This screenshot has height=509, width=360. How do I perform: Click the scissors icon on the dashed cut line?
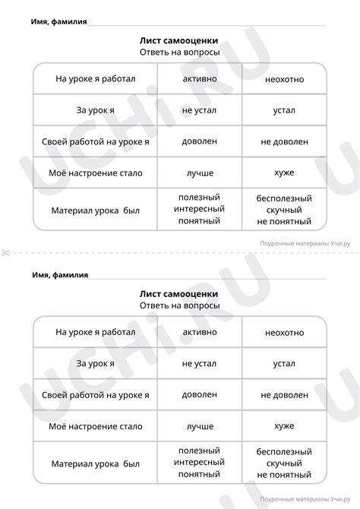[x=6, y=253]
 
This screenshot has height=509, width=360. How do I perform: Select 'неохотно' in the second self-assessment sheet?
[x=284, y=332]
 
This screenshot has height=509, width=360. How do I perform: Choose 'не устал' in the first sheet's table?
[x=199, y=109]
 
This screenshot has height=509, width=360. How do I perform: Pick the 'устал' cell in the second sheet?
[x=284, y=364]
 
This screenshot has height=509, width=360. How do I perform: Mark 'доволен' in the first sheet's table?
[x=199, y=141]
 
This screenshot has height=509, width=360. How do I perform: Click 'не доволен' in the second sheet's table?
[x=284, y=395]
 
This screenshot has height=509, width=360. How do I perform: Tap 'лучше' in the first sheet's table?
[x=199, y=172]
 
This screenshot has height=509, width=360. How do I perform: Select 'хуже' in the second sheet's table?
[x=284, y=426]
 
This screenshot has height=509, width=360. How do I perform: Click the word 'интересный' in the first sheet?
[x=199, y=208]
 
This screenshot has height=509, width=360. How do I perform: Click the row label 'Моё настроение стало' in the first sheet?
[x=95, y=172]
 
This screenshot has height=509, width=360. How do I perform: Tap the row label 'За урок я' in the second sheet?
[x=95, y=364]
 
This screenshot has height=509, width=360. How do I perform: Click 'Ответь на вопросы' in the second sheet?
[x=179, y=305]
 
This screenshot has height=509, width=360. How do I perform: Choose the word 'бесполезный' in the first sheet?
[x=284, y=197]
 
